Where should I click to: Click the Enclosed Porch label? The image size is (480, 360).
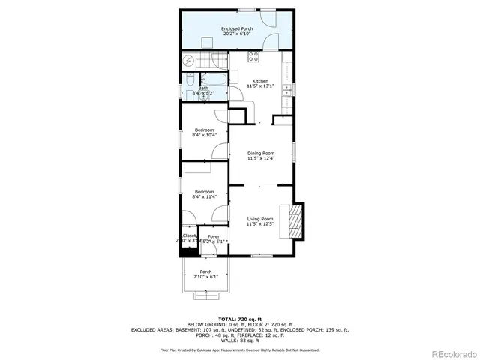(x=236, y=28)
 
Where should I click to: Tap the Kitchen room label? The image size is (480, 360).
(x=260, y=80)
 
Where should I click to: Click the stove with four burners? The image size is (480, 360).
(x=253, y=55)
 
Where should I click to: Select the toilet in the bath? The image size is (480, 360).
(x=189, y=78)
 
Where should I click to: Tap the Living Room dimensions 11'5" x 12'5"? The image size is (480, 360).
(x=261, y=223)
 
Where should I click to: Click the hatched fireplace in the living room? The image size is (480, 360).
(x=296, y=220)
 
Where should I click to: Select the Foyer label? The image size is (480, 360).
(x=214, y=236)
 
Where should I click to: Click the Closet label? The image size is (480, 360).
(x=189, y=235)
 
